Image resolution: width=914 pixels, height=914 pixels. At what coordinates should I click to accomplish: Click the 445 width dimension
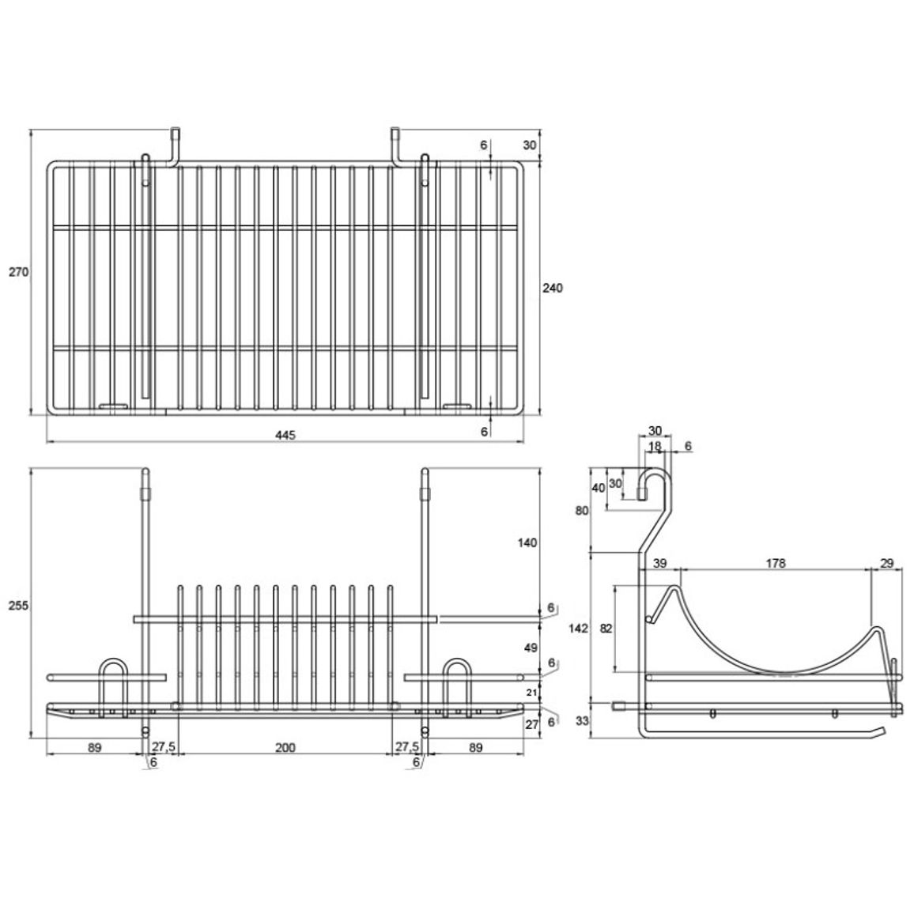[285, 435]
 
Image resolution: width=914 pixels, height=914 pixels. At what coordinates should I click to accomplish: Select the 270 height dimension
[18, 272]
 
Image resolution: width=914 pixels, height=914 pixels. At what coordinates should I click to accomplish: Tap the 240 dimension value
[553, 287]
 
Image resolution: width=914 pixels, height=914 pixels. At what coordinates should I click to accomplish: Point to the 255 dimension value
[18, 606]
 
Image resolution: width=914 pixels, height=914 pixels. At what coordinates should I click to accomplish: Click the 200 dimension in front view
[285, 747]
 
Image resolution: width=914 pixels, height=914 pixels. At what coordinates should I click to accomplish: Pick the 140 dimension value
[527, 542]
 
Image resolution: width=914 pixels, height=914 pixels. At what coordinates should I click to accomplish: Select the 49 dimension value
[531, 648]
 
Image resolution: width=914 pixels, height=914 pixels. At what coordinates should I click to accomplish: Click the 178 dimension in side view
[776, 563]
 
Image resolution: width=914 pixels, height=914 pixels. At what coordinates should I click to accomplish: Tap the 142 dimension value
[578, 629]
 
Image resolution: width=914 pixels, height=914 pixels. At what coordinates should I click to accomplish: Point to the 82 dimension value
[606, 629]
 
